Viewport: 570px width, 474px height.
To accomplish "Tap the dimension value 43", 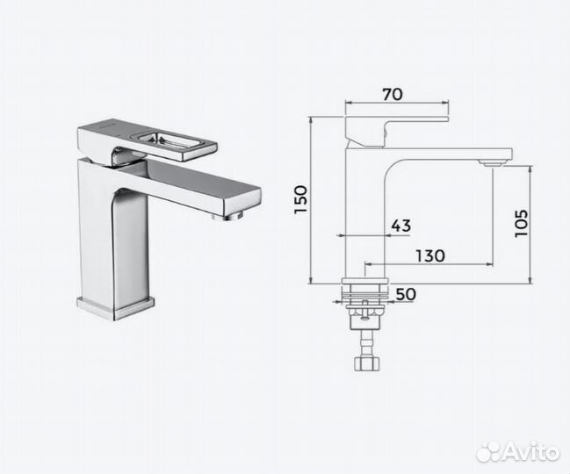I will click(x=400, y=226).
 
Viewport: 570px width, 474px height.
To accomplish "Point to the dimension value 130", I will click(x=429, y=255).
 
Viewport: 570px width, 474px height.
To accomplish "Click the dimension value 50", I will click(x=405, y=295).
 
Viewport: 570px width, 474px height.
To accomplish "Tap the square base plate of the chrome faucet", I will click(x=115, y=306).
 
